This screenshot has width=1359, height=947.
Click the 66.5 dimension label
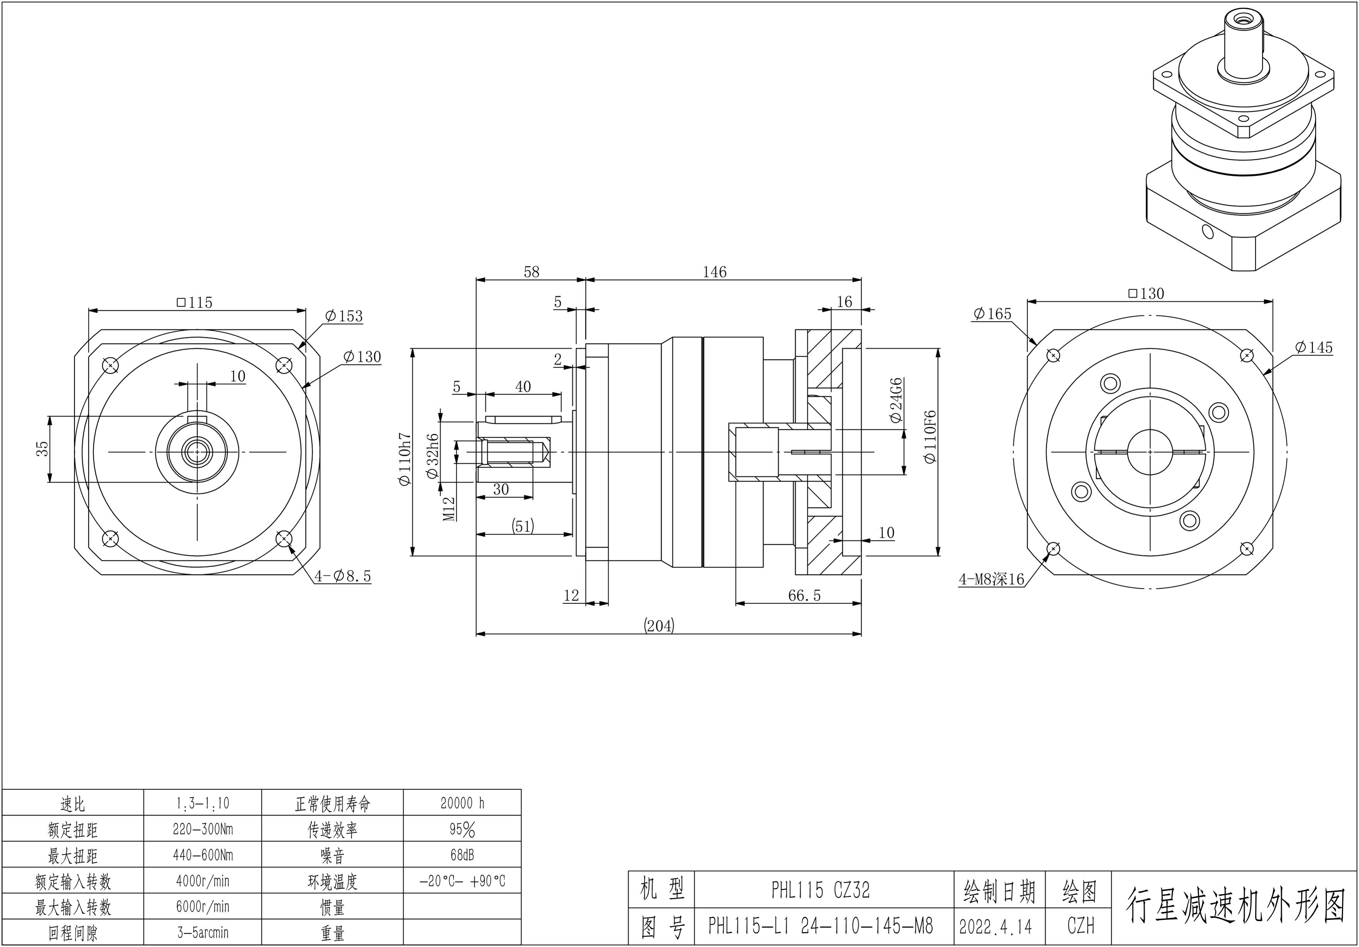[804, 595]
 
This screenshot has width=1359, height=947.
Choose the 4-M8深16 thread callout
[991, 579]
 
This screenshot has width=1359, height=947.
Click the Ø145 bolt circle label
[1313, 347]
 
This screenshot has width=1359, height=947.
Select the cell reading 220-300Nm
[203, 829]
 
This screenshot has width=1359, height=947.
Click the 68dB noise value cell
[462, 855]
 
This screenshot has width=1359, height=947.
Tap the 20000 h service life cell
[462, 803]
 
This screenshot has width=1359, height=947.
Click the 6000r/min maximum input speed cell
[203, 907]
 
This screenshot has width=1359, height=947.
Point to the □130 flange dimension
[1146, 294]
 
